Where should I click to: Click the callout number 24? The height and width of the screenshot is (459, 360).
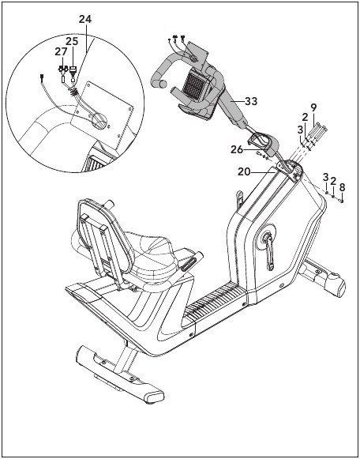tap(85, 19)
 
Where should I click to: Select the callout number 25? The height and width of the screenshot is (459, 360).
tap(72, 41)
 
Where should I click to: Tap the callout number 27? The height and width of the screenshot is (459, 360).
tap(61, 52)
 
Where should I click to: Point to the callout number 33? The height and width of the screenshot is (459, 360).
tap(251, 101)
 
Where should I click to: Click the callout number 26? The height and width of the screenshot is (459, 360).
tap(237, 149)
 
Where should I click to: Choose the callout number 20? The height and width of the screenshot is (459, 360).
tap(244, 172)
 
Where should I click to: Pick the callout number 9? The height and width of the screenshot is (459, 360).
tap(313, 107)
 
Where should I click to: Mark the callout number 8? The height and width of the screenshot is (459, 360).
tap(342, 186)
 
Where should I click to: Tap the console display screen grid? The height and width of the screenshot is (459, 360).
tap(193, 84)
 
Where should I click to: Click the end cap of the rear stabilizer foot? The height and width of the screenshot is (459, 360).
tap(152, 396)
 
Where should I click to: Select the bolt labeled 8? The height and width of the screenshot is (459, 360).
tap(341, 201)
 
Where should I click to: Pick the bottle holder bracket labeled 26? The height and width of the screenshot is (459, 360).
tap(262, 144)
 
